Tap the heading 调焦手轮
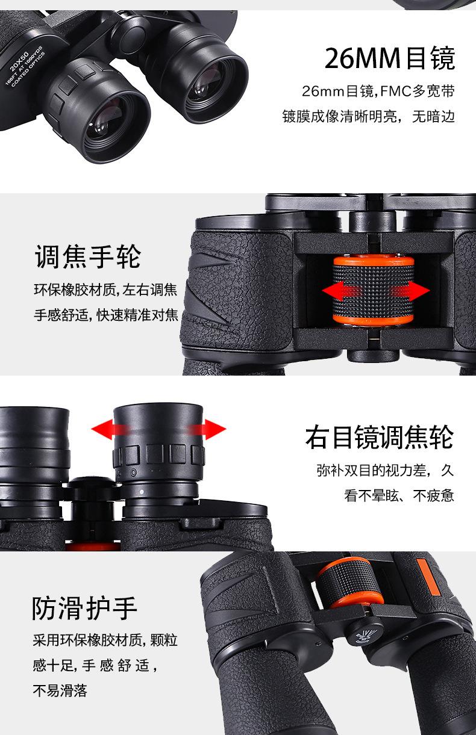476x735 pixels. [87, 256]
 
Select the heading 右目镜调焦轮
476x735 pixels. [379, 437]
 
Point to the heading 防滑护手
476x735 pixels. [85, 609]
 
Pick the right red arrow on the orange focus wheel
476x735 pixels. [412, 291]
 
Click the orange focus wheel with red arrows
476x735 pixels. [374, 291]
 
